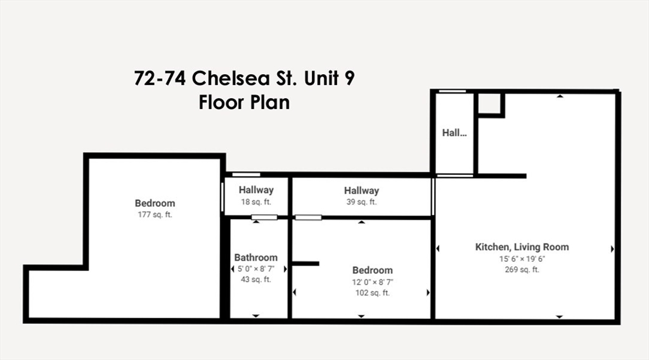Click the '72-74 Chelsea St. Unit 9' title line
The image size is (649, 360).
pos(244,79)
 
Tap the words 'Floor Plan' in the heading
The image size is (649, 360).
pos(244,102)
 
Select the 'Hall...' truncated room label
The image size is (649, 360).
pos(454,132)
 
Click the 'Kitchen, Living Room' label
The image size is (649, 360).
pos(522,247)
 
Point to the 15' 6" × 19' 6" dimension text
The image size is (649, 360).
pos(522,259)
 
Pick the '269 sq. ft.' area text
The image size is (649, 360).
pos(522,269)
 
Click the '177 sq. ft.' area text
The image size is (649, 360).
pos(155,214)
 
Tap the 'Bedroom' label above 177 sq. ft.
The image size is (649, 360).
pos(155,203)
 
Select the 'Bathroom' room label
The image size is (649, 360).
pos(256,257)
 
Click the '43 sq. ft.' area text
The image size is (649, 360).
pos(256,280)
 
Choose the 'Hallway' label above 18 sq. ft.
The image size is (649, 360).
pos(256,190)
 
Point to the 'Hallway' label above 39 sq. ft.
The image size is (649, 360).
pos(361,190)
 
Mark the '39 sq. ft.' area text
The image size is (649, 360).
pos(361,202)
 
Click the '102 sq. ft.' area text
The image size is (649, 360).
pos(373,293)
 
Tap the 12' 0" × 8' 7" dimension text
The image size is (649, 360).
pos(373,282)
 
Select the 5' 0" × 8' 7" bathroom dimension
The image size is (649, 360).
pos(256,269)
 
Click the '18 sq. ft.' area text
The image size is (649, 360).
pos(256,202)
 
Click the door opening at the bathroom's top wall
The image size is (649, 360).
pos(264,217)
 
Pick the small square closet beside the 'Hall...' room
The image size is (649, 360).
pos(490,103)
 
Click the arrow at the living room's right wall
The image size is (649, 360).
pos(612,249)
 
